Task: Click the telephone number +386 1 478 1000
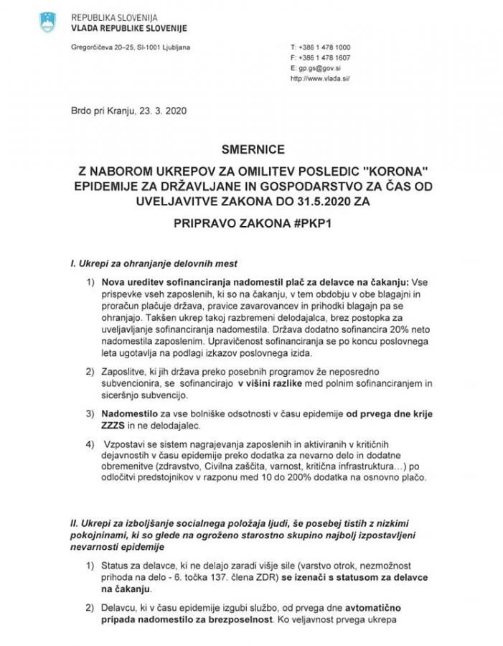[325, 47]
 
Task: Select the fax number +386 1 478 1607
[325, 57]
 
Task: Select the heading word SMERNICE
[253, 150]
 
